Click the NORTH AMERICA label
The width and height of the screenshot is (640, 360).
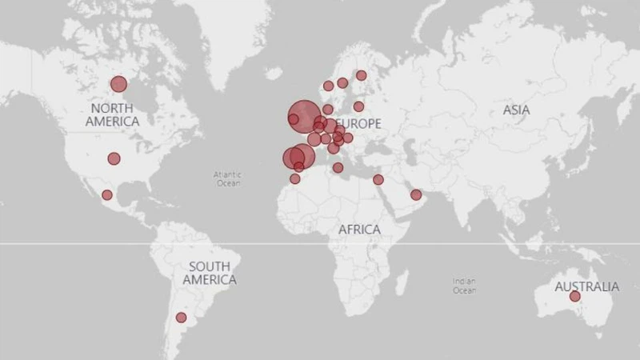[x=114, y=114]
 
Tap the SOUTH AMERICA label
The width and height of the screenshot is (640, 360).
[x=209, y=273]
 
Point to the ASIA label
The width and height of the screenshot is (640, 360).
[x=516, y=110]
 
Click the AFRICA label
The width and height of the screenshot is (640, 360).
[x=359, y=230]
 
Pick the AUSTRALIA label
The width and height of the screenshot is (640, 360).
[x=586, y=286]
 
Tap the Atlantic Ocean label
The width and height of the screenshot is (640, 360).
[x=227, y=178]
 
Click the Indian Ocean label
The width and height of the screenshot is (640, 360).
[x=464, y=286]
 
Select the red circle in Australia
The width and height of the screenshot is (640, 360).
[x=574, y=297]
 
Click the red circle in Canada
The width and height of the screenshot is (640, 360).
[x=118, y=84]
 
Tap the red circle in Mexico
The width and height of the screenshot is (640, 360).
[x=107, y=195]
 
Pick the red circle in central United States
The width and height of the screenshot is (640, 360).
[x=114, y=158]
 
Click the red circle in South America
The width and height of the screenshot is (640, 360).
[x=181, y=318]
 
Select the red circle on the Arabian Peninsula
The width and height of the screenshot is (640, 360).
[x=416, y=194]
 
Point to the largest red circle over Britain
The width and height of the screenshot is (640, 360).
[x=303, y=114]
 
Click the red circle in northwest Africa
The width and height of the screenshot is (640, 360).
[x=294, y=179]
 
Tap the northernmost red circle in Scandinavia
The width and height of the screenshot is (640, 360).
[x=361, y=75]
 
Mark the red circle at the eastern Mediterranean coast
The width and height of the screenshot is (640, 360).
[x=378, y=180]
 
